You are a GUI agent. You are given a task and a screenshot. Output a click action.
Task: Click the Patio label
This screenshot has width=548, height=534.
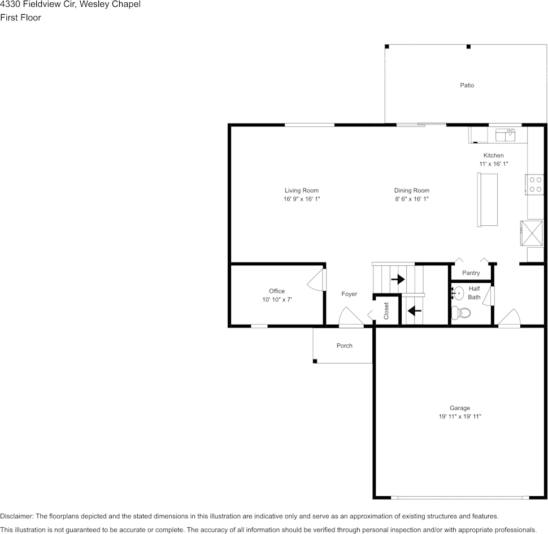tap(467, 85)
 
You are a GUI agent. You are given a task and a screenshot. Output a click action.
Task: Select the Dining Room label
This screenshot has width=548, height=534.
tap(411, 191)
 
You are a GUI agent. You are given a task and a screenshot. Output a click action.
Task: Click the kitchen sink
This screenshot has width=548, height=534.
tap(506, 135)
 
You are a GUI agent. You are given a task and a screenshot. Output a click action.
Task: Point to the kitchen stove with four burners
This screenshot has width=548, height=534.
tap(535, 185)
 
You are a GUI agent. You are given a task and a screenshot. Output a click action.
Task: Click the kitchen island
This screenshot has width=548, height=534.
tap(488, 200)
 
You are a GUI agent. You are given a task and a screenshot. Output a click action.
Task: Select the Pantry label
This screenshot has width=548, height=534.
tap(471, 273)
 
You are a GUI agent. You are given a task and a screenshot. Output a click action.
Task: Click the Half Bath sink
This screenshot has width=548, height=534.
tap(458, 294)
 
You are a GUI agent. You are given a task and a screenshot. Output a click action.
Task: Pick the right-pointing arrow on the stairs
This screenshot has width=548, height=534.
tap(398, 279)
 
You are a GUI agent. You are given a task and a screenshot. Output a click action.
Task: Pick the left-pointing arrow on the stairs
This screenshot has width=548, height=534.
tap(415, 310)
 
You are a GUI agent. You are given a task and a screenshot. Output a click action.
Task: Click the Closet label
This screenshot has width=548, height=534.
tap(386, 311)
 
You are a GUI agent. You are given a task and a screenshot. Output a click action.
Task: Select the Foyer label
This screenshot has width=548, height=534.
tap(349, 294)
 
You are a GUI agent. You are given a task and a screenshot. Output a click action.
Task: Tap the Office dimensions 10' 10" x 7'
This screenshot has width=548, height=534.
tap(277, 300)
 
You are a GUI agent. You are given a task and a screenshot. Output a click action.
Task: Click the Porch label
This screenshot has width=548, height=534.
tap(344, 345)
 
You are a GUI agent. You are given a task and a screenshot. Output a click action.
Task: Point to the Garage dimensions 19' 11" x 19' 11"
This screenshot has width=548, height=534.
tap(459, 417)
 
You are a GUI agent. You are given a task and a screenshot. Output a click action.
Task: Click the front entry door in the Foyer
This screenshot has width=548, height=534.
tap(350, 318)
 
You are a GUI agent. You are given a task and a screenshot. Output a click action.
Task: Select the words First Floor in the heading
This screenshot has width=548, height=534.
tap(20, 17)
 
